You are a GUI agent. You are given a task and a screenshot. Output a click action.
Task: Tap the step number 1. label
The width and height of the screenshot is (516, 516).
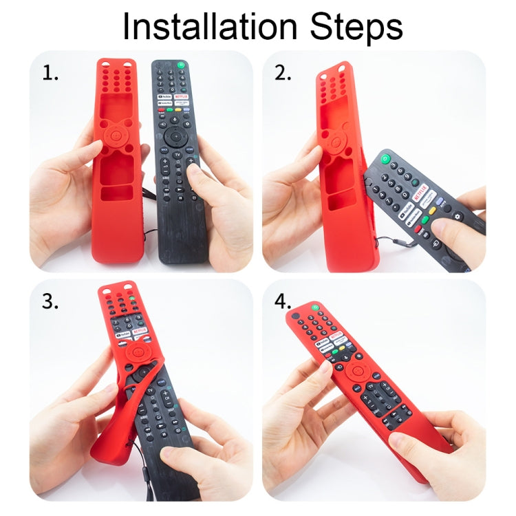(50, 74)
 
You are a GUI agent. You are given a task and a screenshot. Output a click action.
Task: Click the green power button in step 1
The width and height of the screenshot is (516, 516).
(181, 66)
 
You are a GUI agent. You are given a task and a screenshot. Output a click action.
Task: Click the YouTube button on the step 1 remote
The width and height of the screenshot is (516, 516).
(164, 98)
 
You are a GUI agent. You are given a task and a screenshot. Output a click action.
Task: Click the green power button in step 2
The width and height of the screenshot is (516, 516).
(387, 159)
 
